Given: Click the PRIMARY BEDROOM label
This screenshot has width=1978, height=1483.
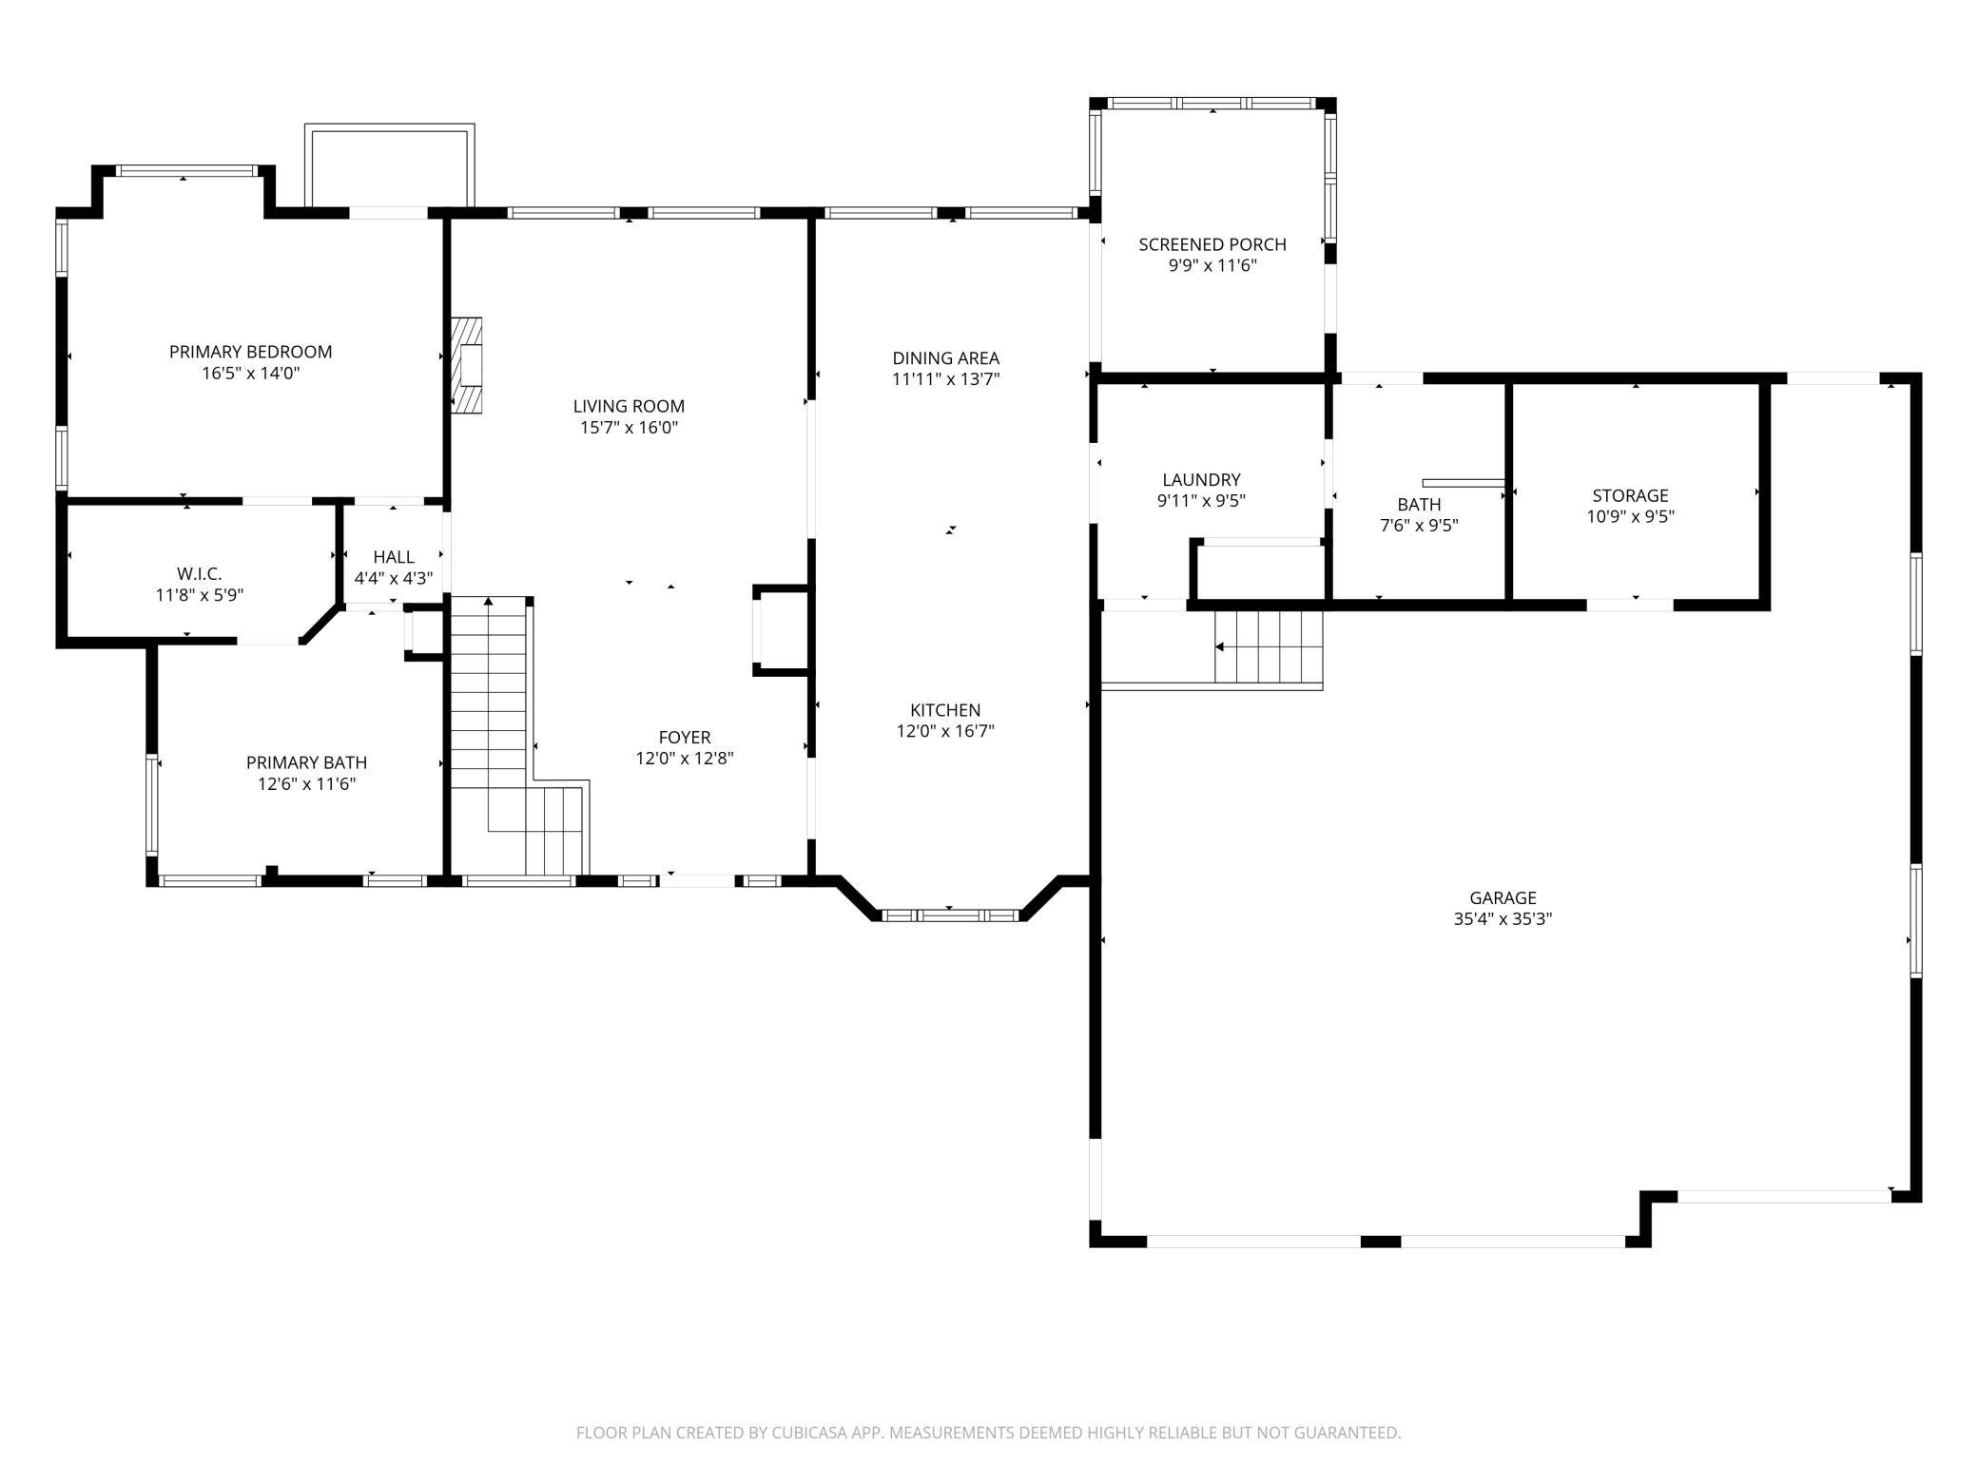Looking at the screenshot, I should click(250, 352).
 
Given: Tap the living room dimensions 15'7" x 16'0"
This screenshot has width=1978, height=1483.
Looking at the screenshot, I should click(629, 428).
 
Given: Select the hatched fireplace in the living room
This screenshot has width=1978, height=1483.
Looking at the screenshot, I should click(466, 365).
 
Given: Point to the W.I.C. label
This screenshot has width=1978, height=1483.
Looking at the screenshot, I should click(199, 574).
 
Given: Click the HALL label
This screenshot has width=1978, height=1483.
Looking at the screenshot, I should click(393, 557).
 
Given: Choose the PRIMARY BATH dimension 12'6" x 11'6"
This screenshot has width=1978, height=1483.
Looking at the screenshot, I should click(306, 784).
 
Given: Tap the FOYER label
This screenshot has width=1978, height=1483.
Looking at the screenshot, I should click(684, 738).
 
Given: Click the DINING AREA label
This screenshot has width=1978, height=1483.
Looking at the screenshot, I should click(945, 358).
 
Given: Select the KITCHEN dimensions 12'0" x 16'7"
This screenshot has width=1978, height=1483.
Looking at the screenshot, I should click(945, 731).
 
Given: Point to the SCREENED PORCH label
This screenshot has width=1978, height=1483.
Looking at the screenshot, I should click(1212, 244).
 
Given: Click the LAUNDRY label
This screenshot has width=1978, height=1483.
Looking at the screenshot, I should click(1201, 480).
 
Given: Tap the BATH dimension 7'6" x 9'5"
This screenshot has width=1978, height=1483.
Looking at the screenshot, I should click(1419, 525).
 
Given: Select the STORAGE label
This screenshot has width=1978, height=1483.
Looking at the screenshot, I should click(1630, 495).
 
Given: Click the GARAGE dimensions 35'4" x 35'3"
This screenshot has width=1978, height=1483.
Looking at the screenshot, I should click(1503, 919).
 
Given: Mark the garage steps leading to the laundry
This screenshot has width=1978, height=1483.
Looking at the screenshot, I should click(1269, 647).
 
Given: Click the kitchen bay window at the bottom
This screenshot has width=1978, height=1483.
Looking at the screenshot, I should click(950, 915).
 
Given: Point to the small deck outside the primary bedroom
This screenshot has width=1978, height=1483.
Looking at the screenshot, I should click(389, 166).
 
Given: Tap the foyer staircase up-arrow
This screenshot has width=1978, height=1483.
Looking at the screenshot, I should click(489, 603).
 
